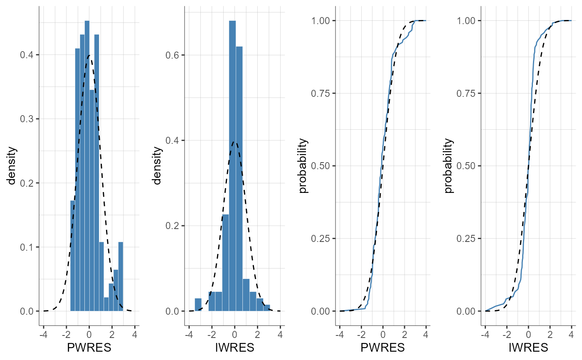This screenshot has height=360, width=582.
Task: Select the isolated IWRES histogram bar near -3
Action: click(198, 305)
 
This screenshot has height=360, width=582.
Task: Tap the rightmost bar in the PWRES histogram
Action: click(121, 276)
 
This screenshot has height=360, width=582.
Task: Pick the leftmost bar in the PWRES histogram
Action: click(73, 256)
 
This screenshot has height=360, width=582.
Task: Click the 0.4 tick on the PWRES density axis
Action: click(26, 55)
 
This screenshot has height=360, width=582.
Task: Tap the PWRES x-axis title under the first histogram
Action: click(89, 348)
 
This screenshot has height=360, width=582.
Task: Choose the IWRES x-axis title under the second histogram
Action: click(234, 348)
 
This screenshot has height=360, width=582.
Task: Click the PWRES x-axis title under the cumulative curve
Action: click(383, 348)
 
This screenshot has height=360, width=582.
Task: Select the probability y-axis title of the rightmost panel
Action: click(449, 165)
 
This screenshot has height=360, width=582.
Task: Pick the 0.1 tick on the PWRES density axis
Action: click(26, 247)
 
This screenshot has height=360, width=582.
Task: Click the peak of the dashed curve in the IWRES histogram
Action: click(234, 142)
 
